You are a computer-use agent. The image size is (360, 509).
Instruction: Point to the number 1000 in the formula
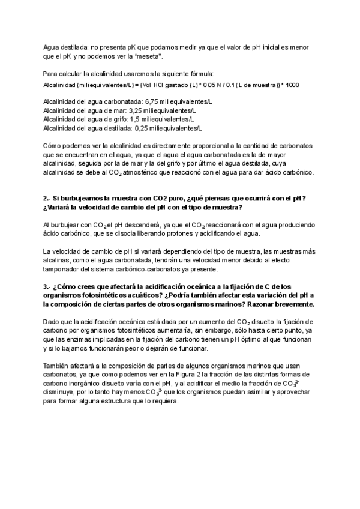[292, 85]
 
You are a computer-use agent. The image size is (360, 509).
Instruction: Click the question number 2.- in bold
[48, 198]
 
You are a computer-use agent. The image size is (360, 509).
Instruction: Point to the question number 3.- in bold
[48, 287]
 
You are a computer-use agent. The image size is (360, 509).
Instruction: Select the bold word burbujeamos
[83, 198]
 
